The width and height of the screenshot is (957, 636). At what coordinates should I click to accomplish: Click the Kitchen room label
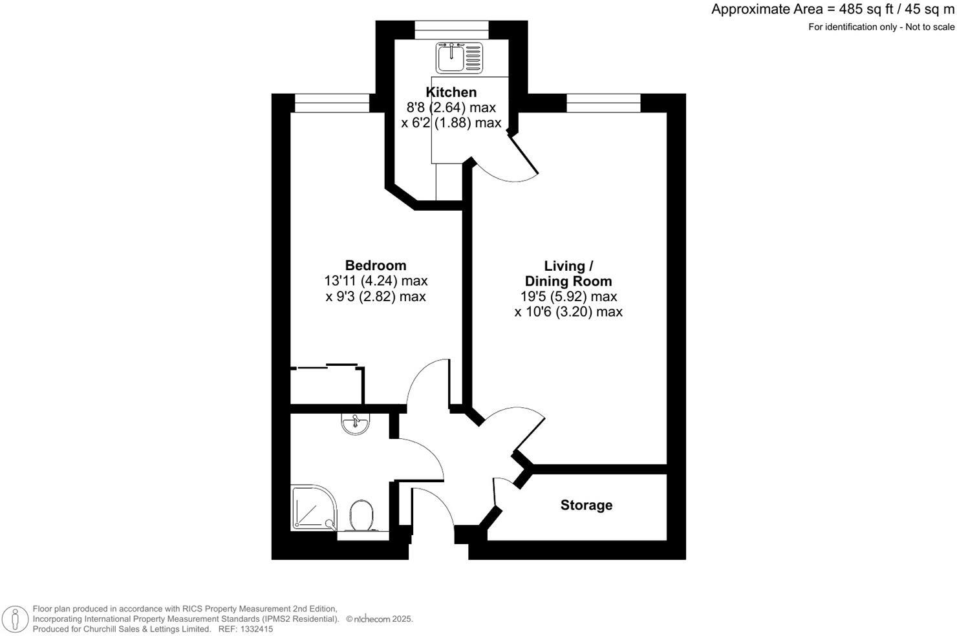coord(451,92)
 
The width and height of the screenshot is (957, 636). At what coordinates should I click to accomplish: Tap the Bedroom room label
coord(376,266)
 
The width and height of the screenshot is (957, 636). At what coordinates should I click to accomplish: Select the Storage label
coord(586,505)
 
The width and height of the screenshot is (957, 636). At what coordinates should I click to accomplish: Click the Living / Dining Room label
coord(568,273)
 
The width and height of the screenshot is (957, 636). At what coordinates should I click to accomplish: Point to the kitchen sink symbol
coord(459,57)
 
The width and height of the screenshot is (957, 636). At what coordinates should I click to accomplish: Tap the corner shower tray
coord(313,508)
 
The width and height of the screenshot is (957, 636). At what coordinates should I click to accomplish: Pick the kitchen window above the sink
coord(451,26)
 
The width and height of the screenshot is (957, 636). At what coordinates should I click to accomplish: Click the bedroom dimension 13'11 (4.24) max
coord(376,281)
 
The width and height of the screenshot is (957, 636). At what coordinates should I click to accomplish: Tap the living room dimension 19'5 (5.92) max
coord(568,297)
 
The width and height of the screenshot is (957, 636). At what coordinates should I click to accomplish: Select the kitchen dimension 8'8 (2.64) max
coord(451,107)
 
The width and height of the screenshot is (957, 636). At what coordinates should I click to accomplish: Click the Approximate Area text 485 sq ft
coord(833,10)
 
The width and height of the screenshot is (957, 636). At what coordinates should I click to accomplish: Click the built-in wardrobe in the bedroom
coord(327,386)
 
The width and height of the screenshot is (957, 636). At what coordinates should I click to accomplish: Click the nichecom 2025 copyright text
coord(380,619)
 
